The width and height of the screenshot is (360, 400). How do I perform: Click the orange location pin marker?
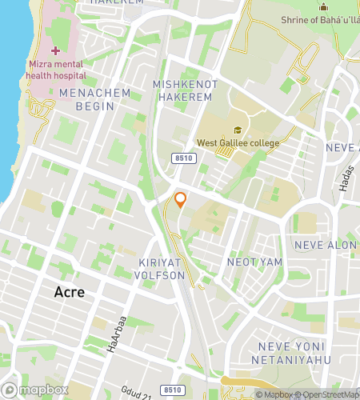[x=181, y=200]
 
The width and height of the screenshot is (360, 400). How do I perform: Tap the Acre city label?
[x=69, y=292]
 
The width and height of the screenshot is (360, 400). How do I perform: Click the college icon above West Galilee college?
[x=237, y=130]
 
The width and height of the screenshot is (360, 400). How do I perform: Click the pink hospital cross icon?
[x=55, y=50]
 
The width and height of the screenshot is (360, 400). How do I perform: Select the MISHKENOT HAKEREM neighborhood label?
[x=183, y=90]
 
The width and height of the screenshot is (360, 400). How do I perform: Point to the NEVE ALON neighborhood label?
[x=325, y=245]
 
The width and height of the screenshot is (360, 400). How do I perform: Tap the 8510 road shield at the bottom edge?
[x=170, y=390]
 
